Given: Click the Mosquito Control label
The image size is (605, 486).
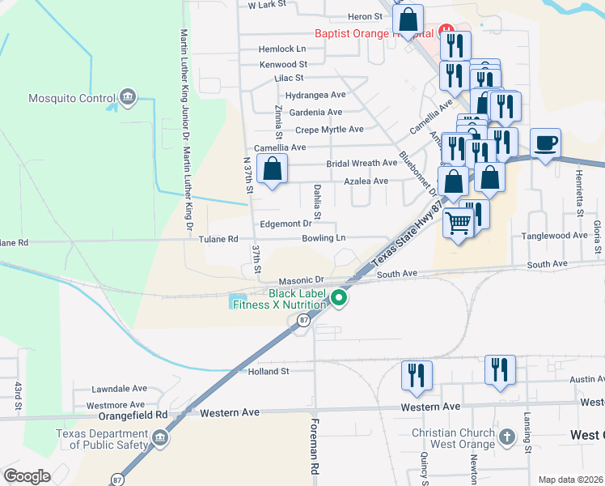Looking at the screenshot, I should point(61,99).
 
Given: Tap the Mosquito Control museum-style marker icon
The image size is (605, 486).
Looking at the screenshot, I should point(127,99).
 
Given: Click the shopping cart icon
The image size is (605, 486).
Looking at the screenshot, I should point(458,222).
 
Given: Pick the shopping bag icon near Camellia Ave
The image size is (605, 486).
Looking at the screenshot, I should point(273,169).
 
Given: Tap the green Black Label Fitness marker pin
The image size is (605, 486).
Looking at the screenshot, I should point(340,300).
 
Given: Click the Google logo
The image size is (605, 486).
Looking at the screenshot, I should point(27,475).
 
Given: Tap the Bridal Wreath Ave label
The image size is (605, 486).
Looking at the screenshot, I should point(362,163).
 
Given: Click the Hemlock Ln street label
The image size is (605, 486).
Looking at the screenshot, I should point(282,49).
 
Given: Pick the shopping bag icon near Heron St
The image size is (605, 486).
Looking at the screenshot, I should point(409,19).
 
